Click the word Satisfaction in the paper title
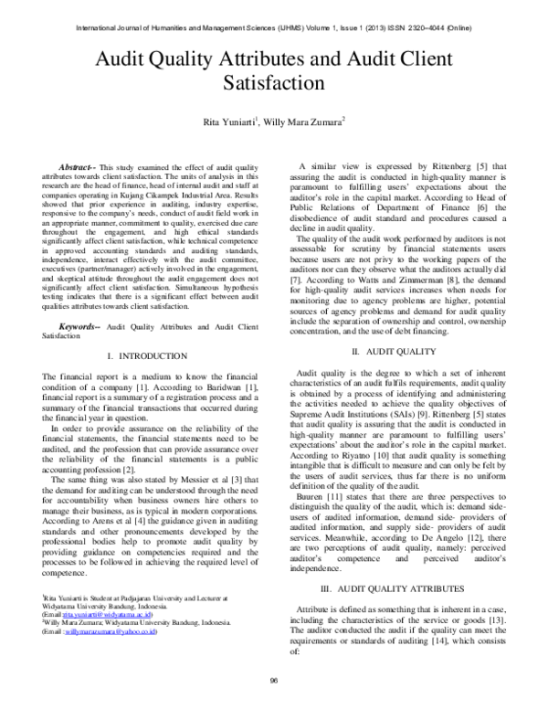tap(274, 82)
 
